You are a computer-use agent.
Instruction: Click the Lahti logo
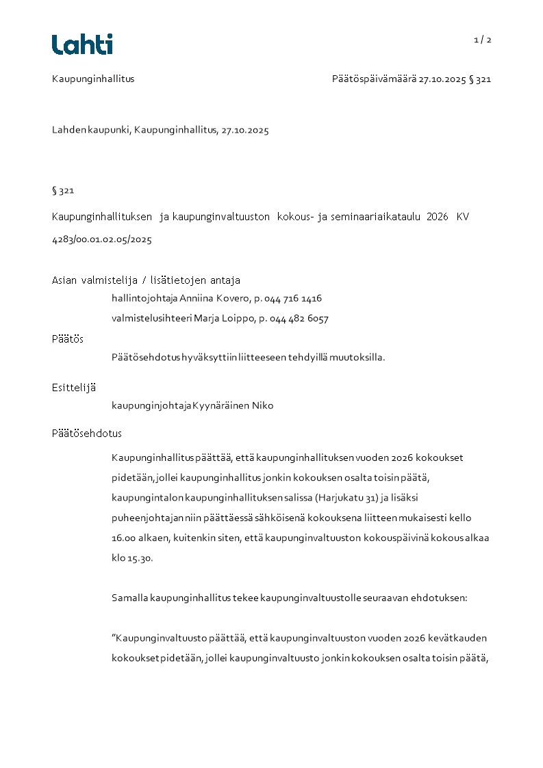[82, 44]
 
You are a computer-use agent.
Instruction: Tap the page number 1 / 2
[483, 40]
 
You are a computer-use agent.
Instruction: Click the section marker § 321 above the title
[63, 190]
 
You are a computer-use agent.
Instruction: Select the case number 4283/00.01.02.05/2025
[102, 239]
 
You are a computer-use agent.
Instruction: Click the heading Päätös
[67, 339]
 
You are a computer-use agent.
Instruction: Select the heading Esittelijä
[74, 387]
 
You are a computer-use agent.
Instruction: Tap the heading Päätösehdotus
[87, 434]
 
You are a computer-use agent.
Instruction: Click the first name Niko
[262, 406]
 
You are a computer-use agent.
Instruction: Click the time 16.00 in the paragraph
[124, 538]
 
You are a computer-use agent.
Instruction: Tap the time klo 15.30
[132, 558]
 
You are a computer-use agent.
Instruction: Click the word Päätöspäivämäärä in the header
[374, 79]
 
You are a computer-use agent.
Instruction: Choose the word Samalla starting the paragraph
[129, 598]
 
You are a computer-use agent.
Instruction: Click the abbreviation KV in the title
[463, 217]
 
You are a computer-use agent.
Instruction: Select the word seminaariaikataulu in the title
[375, 217]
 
